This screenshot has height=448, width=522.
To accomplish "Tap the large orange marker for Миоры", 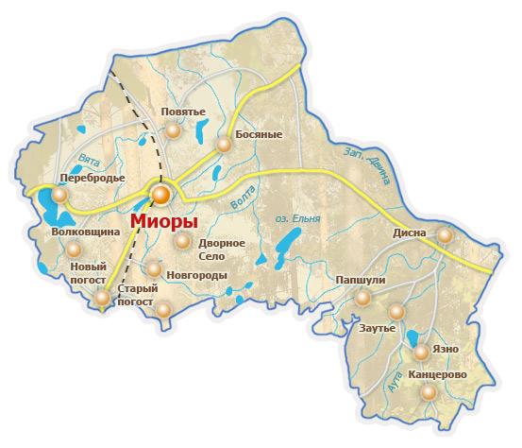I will (161, 195).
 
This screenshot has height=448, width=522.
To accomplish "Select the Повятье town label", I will (183, 112).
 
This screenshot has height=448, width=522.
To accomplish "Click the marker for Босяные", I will (223, 145).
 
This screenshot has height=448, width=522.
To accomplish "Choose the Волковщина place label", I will (85, 231).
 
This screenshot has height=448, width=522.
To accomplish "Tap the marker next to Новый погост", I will (102, 298).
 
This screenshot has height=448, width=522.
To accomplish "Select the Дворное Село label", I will (222, 249).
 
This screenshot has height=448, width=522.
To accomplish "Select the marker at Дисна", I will (445, 234).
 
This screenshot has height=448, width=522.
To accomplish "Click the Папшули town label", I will (360, 281).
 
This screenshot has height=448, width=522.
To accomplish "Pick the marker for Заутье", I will (396, 311).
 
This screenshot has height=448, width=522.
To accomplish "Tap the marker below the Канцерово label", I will (429, 392).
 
